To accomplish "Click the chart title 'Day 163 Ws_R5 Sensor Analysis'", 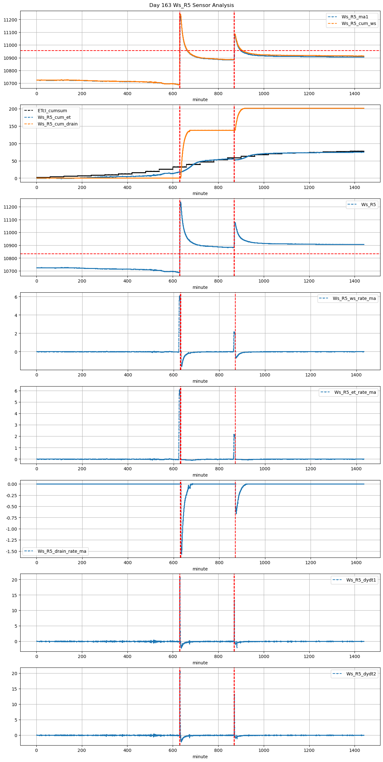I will click(x=191, y=5).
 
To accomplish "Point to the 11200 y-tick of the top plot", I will click(x=10, y=20).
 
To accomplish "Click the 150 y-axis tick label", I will click(x=13, y=126).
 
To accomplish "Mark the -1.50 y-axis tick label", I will click(x=11, y=552).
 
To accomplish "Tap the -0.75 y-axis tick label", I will click(x=11, y=518).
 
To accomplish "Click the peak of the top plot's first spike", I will click(x=180, y=14).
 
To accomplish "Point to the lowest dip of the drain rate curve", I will click(x=182, y=554).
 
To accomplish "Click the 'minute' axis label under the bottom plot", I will click(x=200, y=757).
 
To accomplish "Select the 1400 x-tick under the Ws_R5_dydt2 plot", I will click(x=355, y=750).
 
